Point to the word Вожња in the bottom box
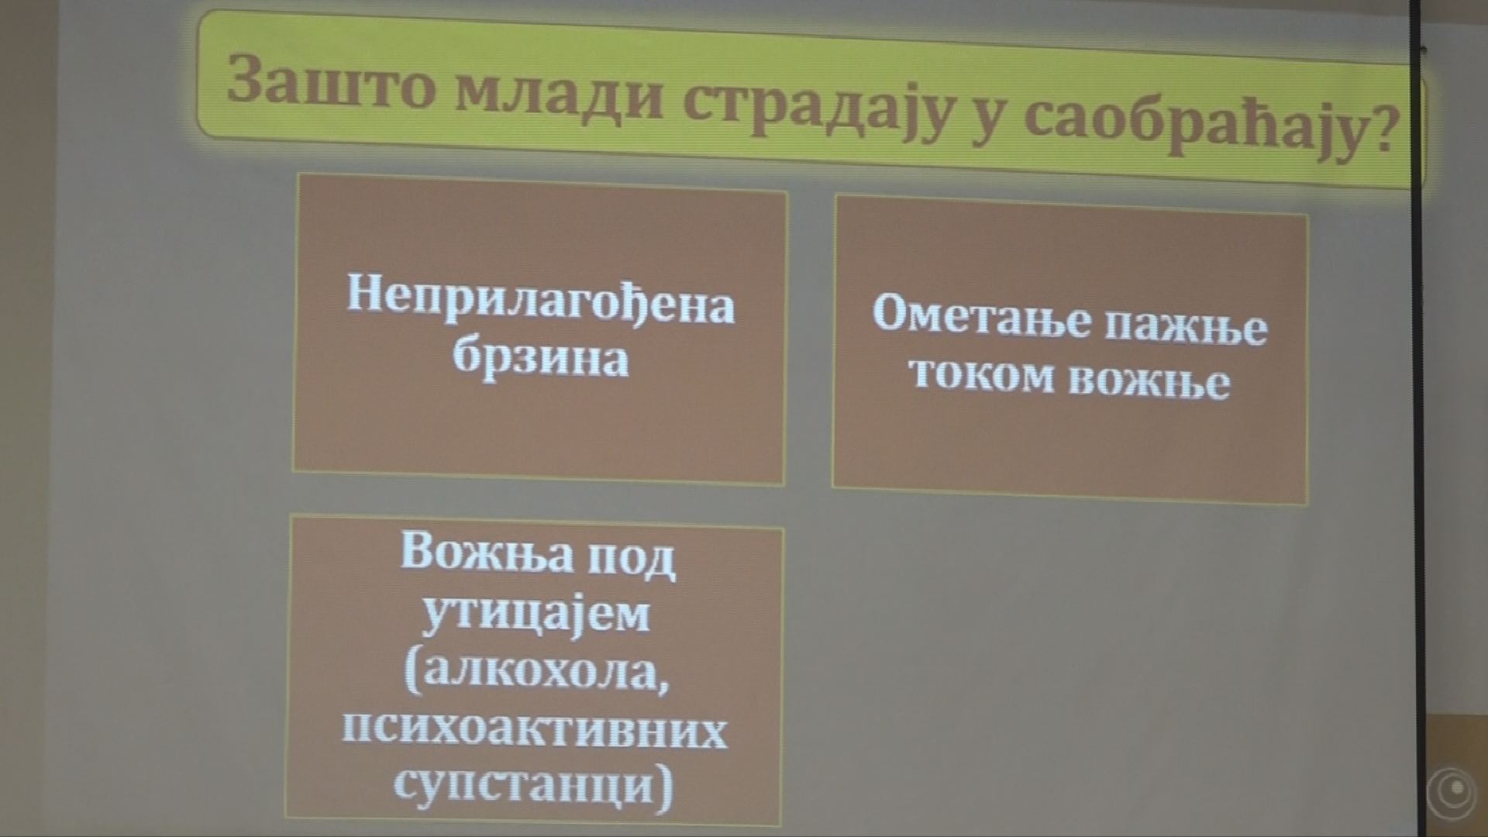pos(487,551)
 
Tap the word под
pos(630,558)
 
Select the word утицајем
pos(537,616)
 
